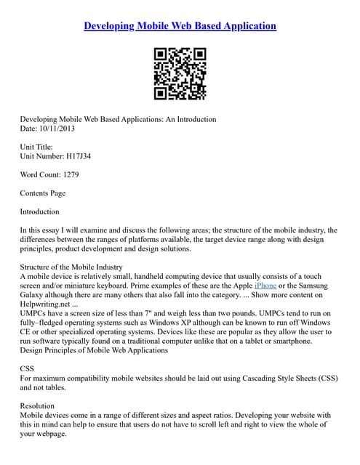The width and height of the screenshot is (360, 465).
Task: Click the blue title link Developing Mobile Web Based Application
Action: tap(180, 26)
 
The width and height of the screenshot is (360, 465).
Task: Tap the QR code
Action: tap(180, 73)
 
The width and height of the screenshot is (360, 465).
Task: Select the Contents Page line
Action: tap(43, 193)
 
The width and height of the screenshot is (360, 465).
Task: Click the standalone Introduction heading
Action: tap(40, 211)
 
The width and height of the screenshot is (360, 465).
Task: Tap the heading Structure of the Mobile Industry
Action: tap(71, 267)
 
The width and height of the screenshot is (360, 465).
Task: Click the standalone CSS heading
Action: tap(27, 369)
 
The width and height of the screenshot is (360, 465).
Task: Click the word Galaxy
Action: tap(34, 295)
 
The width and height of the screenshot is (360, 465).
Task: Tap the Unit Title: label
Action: tap(37, 147)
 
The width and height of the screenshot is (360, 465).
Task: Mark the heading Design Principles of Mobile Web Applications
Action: tap(95, 350)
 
